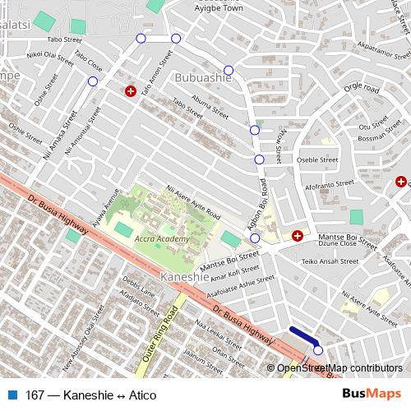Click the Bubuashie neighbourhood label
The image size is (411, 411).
point(202,79)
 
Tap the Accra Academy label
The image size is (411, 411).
point(162,239)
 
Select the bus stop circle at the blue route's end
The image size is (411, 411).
point(318,350)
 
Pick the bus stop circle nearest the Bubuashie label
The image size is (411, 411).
point(229,70)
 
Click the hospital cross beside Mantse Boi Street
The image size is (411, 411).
point(297,236)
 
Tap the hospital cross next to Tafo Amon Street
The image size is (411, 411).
point(129,90)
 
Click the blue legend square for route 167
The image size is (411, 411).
point(13,395)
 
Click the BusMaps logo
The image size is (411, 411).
point(371,395)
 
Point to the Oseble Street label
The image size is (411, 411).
point(317,160)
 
